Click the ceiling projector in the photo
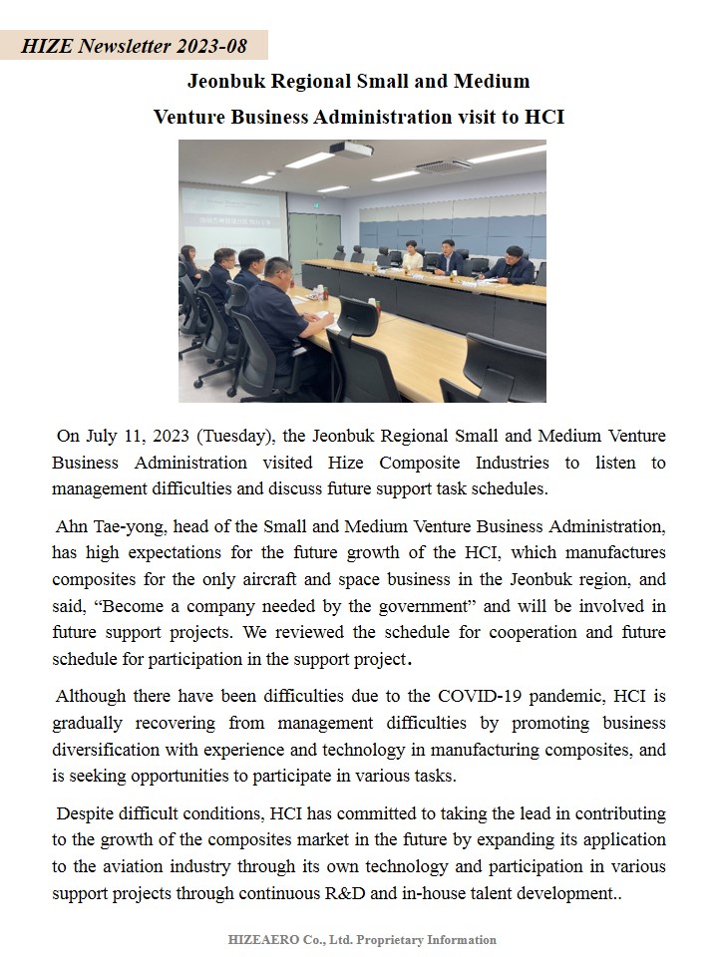pos(351,150)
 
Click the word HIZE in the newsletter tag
pos(46,46)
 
